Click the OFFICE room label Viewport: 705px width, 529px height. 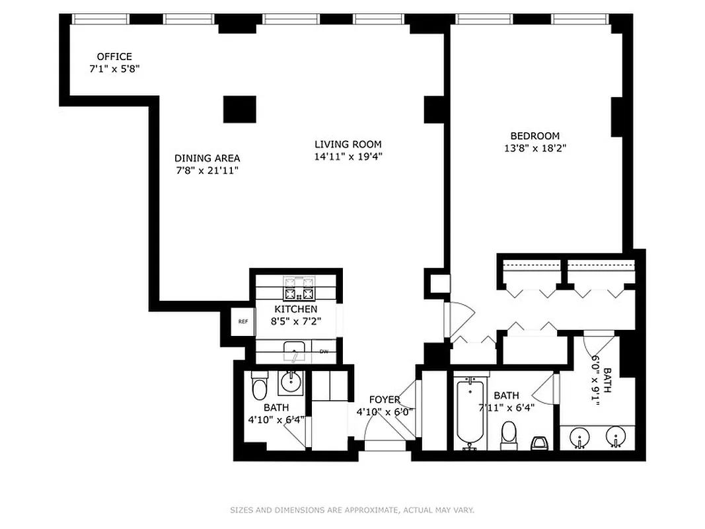[114, 57]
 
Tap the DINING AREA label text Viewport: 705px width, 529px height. [207, 158]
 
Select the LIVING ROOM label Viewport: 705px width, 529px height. [348, 144]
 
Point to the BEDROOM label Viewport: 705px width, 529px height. [535, 136]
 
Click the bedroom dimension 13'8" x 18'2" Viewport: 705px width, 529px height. [535, 149]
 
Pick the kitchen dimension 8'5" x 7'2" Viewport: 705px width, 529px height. [296, 321]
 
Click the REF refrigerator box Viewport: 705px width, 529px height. [243, 322]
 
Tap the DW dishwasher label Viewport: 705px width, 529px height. [324, 352]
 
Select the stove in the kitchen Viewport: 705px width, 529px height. [299, 288]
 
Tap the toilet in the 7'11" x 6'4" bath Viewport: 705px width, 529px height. [509, 434]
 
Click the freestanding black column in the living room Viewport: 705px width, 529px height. [239, 109]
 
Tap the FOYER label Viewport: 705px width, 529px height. [385, 399]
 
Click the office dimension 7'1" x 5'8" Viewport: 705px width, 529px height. [114, 69]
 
